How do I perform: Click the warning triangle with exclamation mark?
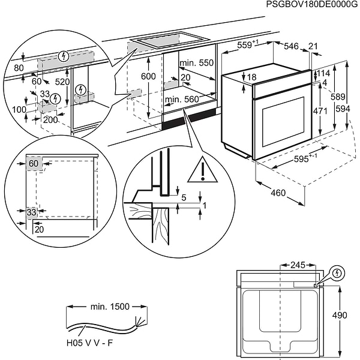(x=202, y=171)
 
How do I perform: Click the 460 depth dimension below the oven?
(x=277, y=193)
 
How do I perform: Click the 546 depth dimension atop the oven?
(x=291, y=46)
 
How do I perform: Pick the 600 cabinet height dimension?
(x=148, y=77)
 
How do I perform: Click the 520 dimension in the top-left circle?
(x=62, y=81)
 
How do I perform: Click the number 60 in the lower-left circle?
(x=33, y=163)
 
